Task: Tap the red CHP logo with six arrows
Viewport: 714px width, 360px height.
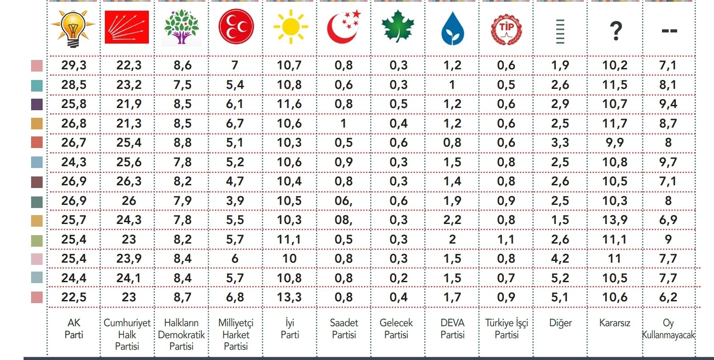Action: pyautogui.click(x=127, y=27)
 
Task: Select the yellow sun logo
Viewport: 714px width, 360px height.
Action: pyautogui.click(x=291, y=27)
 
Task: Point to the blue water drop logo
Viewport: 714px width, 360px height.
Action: pyautogui.click(x=452, y=29)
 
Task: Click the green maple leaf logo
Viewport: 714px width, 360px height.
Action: pyautogui.click(x=398, y=26)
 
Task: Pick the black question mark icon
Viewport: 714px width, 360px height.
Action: pyautogui.click(x=616, y=31)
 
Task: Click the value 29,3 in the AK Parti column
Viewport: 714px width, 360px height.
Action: pyautogui.click(x=74, y=65)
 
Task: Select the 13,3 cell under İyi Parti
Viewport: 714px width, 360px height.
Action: pyautogui.click(x=289, y=297)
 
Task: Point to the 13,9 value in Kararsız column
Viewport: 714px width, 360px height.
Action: pyautogui.click(x=614, y=220)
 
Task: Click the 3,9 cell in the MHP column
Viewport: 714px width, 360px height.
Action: pyautogui.click(x=235, y=201)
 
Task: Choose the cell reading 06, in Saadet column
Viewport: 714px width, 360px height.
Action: pyautogui.click(x=343, y=201)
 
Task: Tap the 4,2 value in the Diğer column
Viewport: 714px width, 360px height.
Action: pyautogui.click(x=560, y=259)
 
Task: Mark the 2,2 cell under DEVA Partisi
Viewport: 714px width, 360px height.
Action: pyautogui.click(x=452, y=220)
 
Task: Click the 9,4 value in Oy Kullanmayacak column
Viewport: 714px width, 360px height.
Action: pyautogui.click(x=668, y=104)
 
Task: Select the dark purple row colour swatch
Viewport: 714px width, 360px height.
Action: pyautogui.click(x=37, y=104)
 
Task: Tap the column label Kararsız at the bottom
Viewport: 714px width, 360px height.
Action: pyautogui.click(x=614, y=323)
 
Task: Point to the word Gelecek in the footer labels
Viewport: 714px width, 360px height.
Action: pyautogui.click(x=396, y=323)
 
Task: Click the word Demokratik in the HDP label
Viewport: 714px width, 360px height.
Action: pyautogui.click(x=181, y=335)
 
